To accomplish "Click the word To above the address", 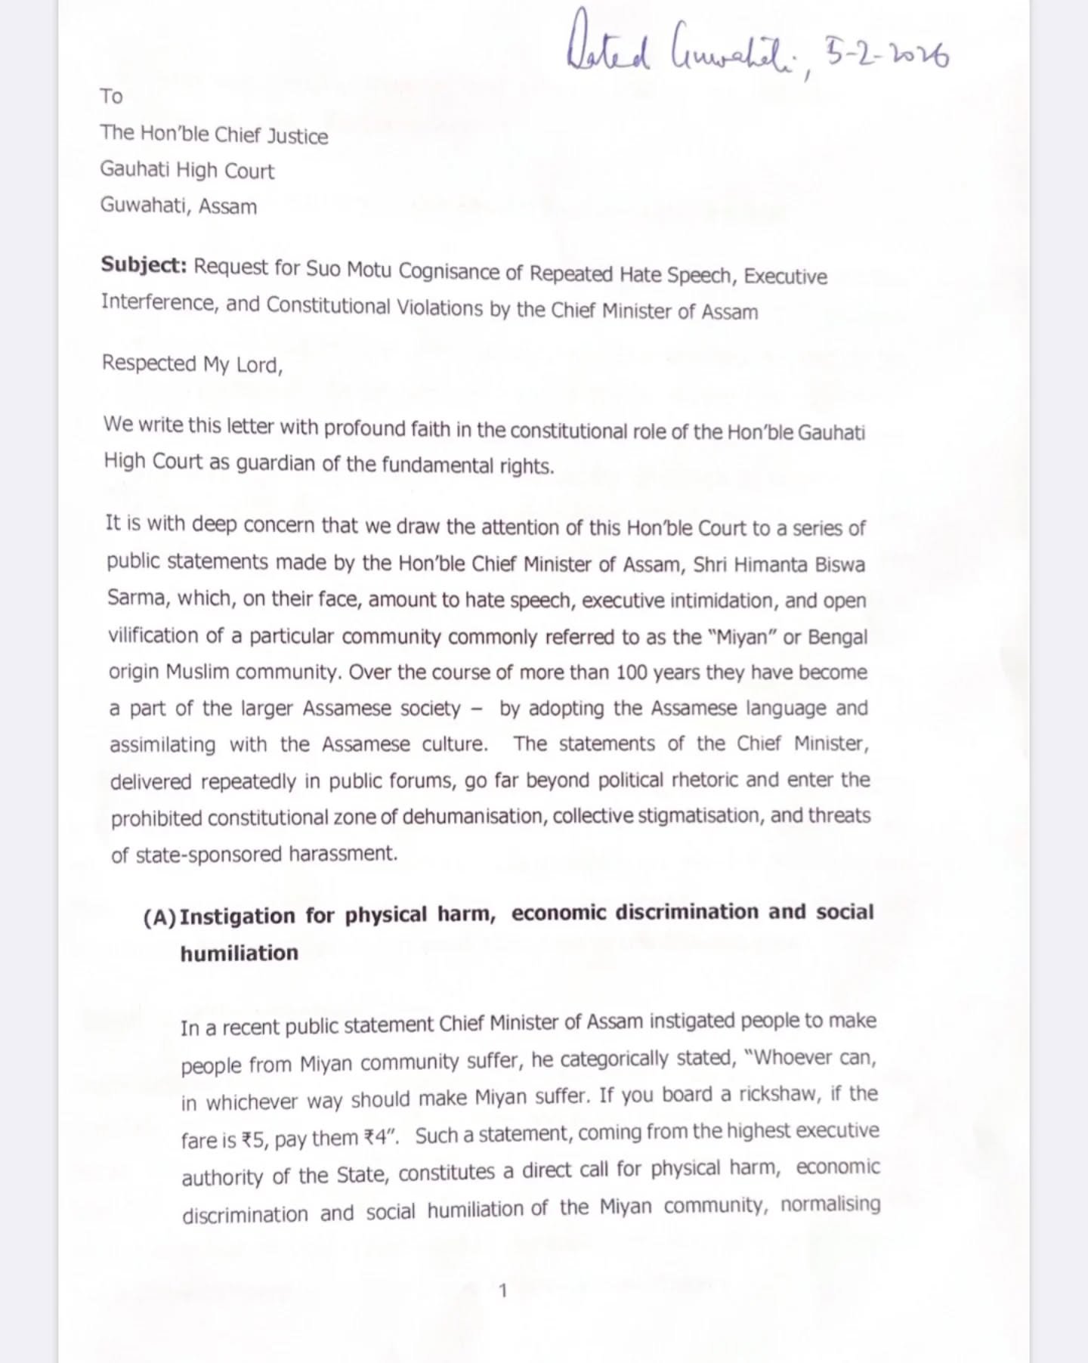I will point(111,96).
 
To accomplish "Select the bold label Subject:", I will point(144,266).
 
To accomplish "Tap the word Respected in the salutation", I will point(149,363).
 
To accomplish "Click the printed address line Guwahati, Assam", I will point(178,206).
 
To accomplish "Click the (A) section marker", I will point(159,917).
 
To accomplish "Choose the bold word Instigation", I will point(237,916).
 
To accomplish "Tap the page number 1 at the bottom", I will point(504,1290).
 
